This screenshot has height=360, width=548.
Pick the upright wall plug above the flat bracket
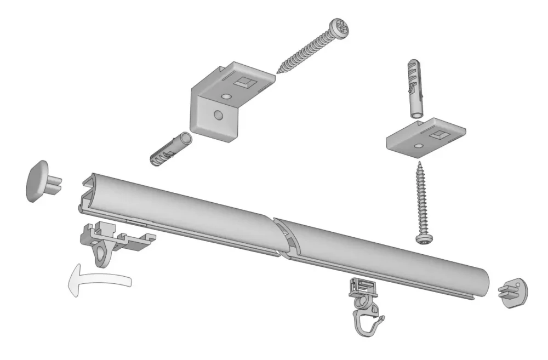tap(415, 89)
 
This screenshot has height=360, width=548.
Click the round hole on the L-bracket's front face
tap(218, 115)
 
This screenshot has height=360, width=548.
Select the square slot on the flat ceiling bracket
tap(439, 134)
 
